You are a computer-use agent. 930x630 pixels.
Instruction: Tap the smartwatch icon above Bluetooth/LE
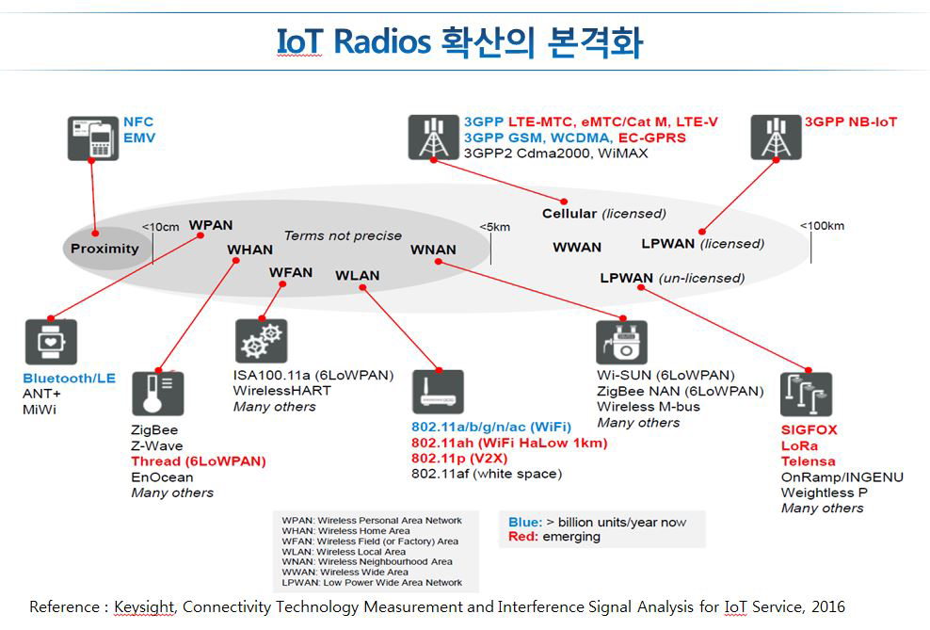[51, 343]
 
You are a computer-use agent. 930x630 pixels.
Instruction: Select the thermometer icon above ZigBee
[157, 394]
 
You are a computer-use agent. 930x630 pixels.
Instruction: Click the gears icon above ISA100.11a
[261, 341]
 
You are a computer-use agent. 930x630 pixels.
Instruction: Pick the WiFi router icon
[438, 393]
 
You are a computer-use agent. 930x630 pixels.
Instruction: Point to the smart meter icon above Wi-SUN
[621, 343]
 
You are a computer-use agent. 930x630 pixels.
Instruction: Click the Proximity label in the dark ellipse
[104, 249]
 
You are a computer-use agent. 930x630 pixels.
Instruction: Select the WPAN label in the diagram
[211, 225]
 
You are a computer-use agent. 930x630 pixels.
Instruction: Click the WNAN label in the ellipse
[433, 250]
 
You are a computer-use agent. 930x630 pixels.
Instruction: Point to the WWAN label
[577, 247]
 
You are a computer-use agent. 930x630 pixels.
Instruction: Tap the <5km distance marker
[494, 227]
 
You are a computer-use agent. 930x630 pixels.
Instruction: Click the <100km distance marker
[822, 225]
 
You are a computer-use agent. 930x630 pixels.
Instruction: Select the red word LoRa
[799, 445]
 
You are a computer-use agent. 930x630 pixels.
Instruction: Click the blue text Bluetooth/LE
[69, 378]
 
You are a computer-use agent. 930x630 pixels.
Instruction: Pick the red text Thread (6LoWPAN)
[199, 461]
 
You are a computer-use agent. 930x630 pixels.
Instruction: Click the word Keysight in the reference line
[144, 606]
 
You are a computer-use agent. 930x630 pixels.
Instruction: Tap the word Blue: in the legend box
[524, 522]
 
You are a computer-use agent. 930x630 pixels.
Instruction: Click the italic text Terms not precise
[343, 235]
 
